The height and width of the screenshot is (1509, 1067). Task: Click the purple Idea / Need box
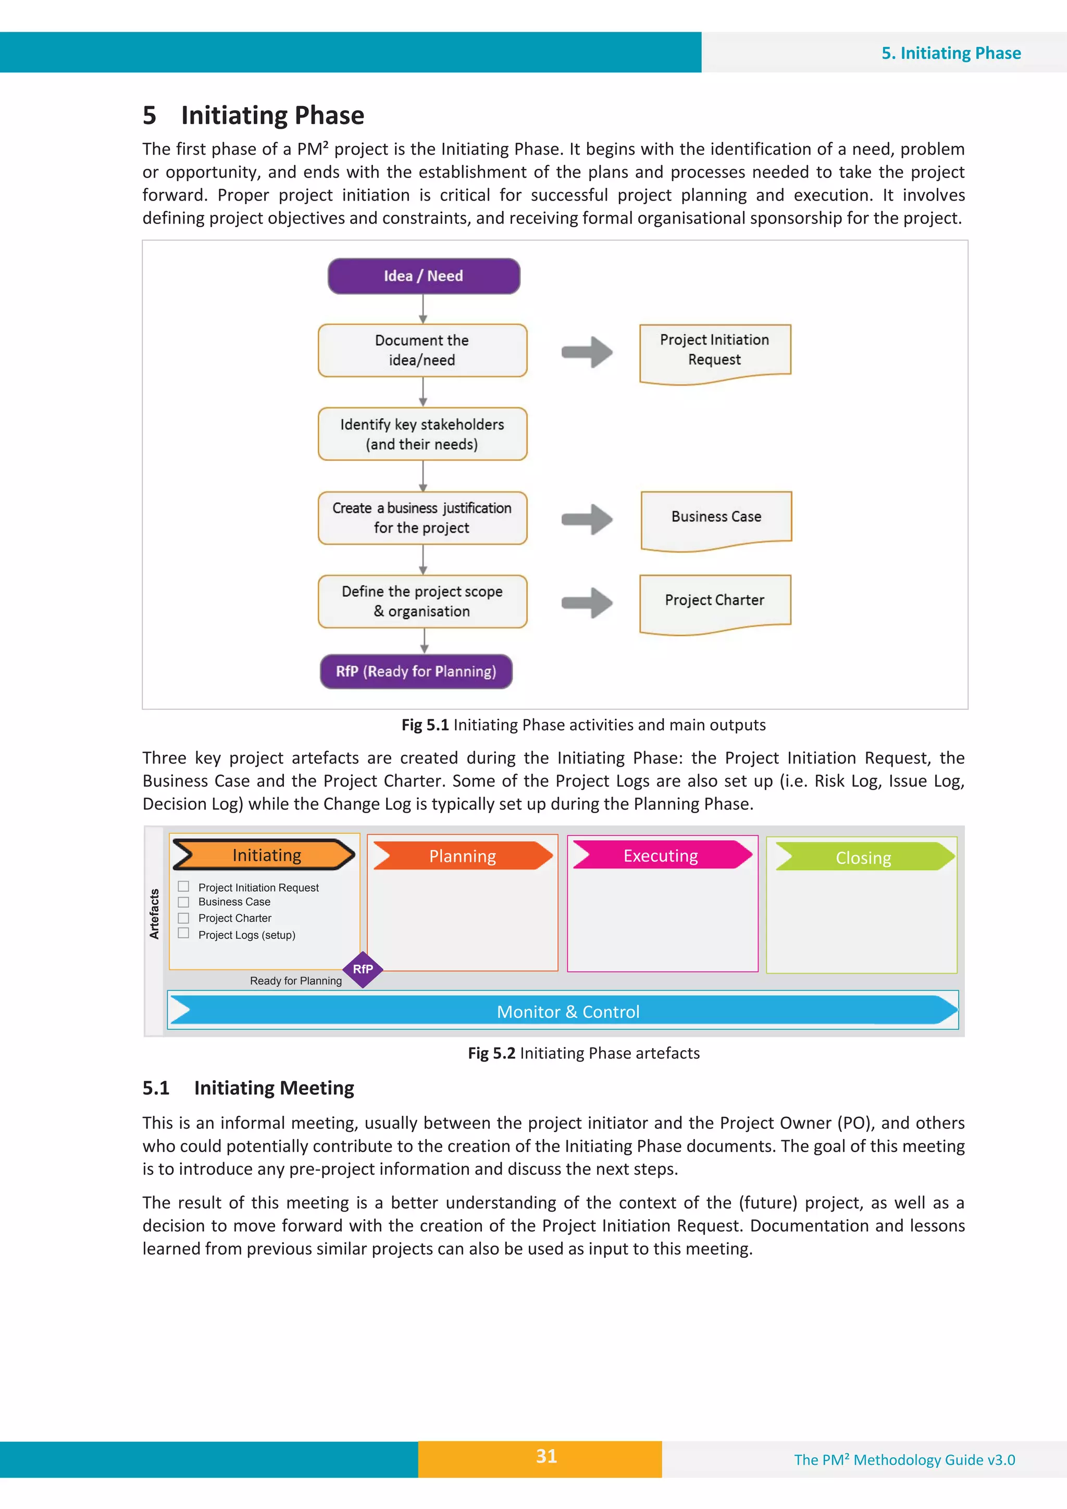(424, 276)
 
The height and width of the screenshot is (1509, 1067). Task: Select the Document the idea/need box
(422, 351)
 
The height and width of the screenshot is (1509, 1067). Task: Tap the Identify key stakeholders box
(422, 434)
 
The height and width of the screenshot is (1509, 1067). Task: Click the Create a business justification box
(422, 518)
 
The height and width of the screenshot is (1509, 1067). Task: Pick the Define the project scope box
(422, 602)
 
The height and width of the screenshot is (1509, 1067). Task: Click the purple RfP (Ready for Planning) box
(416, 671)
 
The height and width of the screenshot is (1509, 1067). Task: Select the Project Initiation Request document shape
(715, 351)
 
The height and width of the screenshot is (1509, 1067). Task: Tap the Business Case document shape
(716, 518)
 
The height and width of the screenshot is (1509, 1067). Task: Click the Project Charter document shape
(715, 602)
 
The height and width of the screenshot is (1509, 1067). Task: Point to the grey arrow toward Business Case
(587, 519)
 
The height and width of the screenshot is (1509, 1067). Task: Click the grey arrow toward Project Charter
(587, 603)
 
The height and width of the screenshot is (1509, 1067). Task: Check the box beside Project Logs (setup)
(183, 933)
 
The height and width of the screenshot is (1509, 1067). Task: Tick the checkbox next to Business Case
(183, 902)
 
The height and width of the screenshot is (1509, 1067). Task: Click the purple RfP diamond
(363, 969)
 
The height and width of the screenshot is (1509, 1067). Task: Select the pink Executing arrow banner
(661, 855)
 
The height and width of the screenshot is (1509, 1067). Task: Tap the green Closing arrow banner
(863, 857)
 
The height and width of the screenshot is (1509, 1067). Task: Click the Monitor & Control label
(568, 1012)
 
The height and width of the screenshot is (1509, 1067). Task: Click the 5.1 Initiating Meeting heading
(249, 1088)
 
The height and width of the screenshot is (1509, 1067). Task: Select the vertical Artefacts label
(155, 914)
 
